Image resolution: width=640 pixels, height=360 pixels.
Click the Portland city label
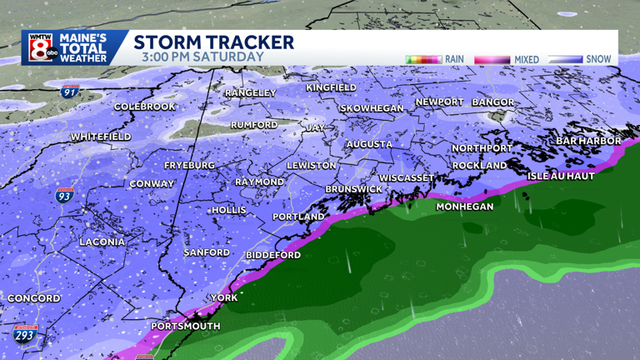(x=298, y=217)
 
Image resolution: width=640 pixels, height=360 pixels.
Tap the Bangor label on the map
(x=493, y=102)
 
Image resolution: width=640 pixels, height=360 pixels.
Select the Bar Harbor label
(x=588, y=141)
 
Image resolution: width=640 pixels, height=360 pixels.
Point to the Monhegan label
(x=465, y=207)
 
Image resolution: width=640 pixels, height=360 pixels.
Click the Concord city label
(x=34, y=298)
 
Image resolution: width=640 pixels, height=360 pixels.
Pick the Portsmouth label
(x=185, y=326)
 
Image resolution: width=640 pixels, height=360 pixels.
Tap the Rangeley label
(x=250, y=93)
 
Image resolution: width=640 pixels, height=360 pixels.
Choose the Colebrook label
(x=145, y=107)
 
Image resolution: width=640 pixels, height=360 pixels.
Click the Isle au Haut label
(x=561, y=177)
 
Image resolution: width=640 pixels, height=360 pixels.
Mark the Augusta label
(x=369, y=144)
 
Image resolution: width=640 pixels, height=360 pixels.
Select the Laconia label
(x=102, y=242)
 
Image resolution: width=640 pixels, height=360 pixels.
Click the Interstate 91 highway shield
(x=72, y=91)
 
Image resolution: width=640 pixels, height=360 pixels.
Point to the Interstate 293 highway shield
(x=25, y=335)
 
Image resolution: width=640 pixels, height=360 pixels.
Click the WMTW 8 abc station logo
(x=41, y=47)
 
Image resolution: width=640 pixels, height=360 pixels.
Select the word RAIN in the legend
(x=454, y=59)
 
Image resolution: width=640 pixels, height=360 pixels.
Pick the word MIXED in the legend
(x=527, y=60)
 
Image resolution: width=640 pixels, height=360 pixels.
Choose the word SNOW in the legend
(x=598, y=59)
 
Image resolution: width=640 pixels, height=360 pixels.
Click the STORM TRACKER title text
(x=214, y=42)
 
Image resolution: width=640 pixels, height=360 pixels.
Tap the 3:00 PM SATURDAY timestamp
(x=202, y=57)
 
